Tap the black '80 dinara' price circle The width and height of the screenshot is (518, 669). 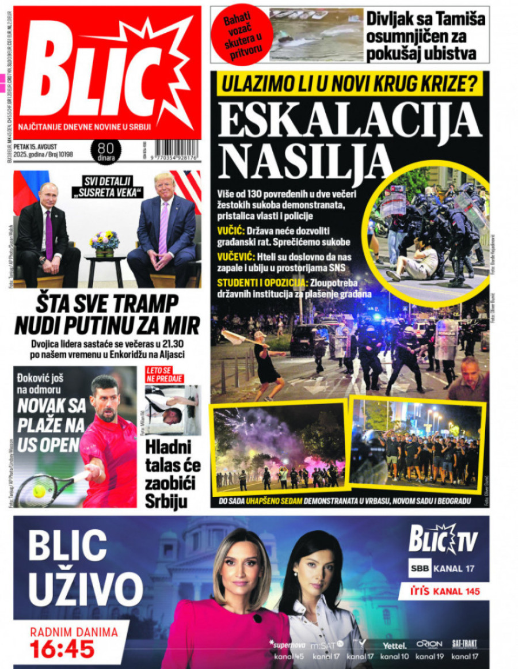click(106, 151)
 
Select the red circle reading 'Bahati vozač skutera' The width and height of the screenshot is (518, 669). click(241, 34)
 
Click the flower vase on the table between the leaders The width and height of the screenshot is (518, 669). click(104, 242)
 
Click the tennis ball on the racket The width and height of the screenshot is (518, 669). click(39, 491)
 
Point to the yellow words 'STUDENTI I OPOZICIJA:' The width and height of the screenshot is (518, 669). click(262, 283)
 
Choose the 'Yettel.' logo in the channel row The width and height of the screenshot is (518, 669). click(394, 644)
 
